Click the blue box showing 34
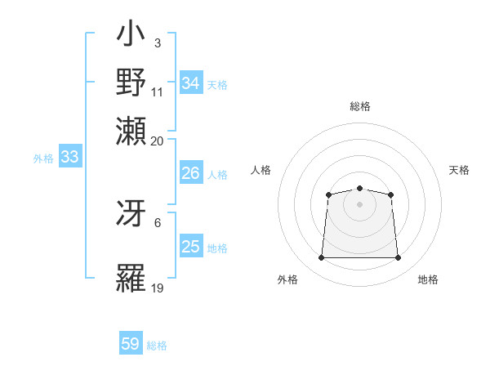(191, 83)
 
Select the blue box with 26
(191, 174)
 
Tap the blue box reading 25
(191, 248)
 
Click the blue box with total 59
(131, 344)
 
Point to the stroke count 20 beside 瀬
(158, 141)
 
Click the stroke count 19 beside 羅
(158, 288)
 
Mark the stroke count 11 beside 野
(158, 92)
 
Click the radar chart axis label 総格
(360, 106)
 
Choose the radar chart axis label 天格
(459, 170)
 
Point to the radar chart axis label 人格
(261, 170)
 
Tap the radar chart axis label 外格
(287, 280)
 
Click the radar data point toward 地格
(399, 258)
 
